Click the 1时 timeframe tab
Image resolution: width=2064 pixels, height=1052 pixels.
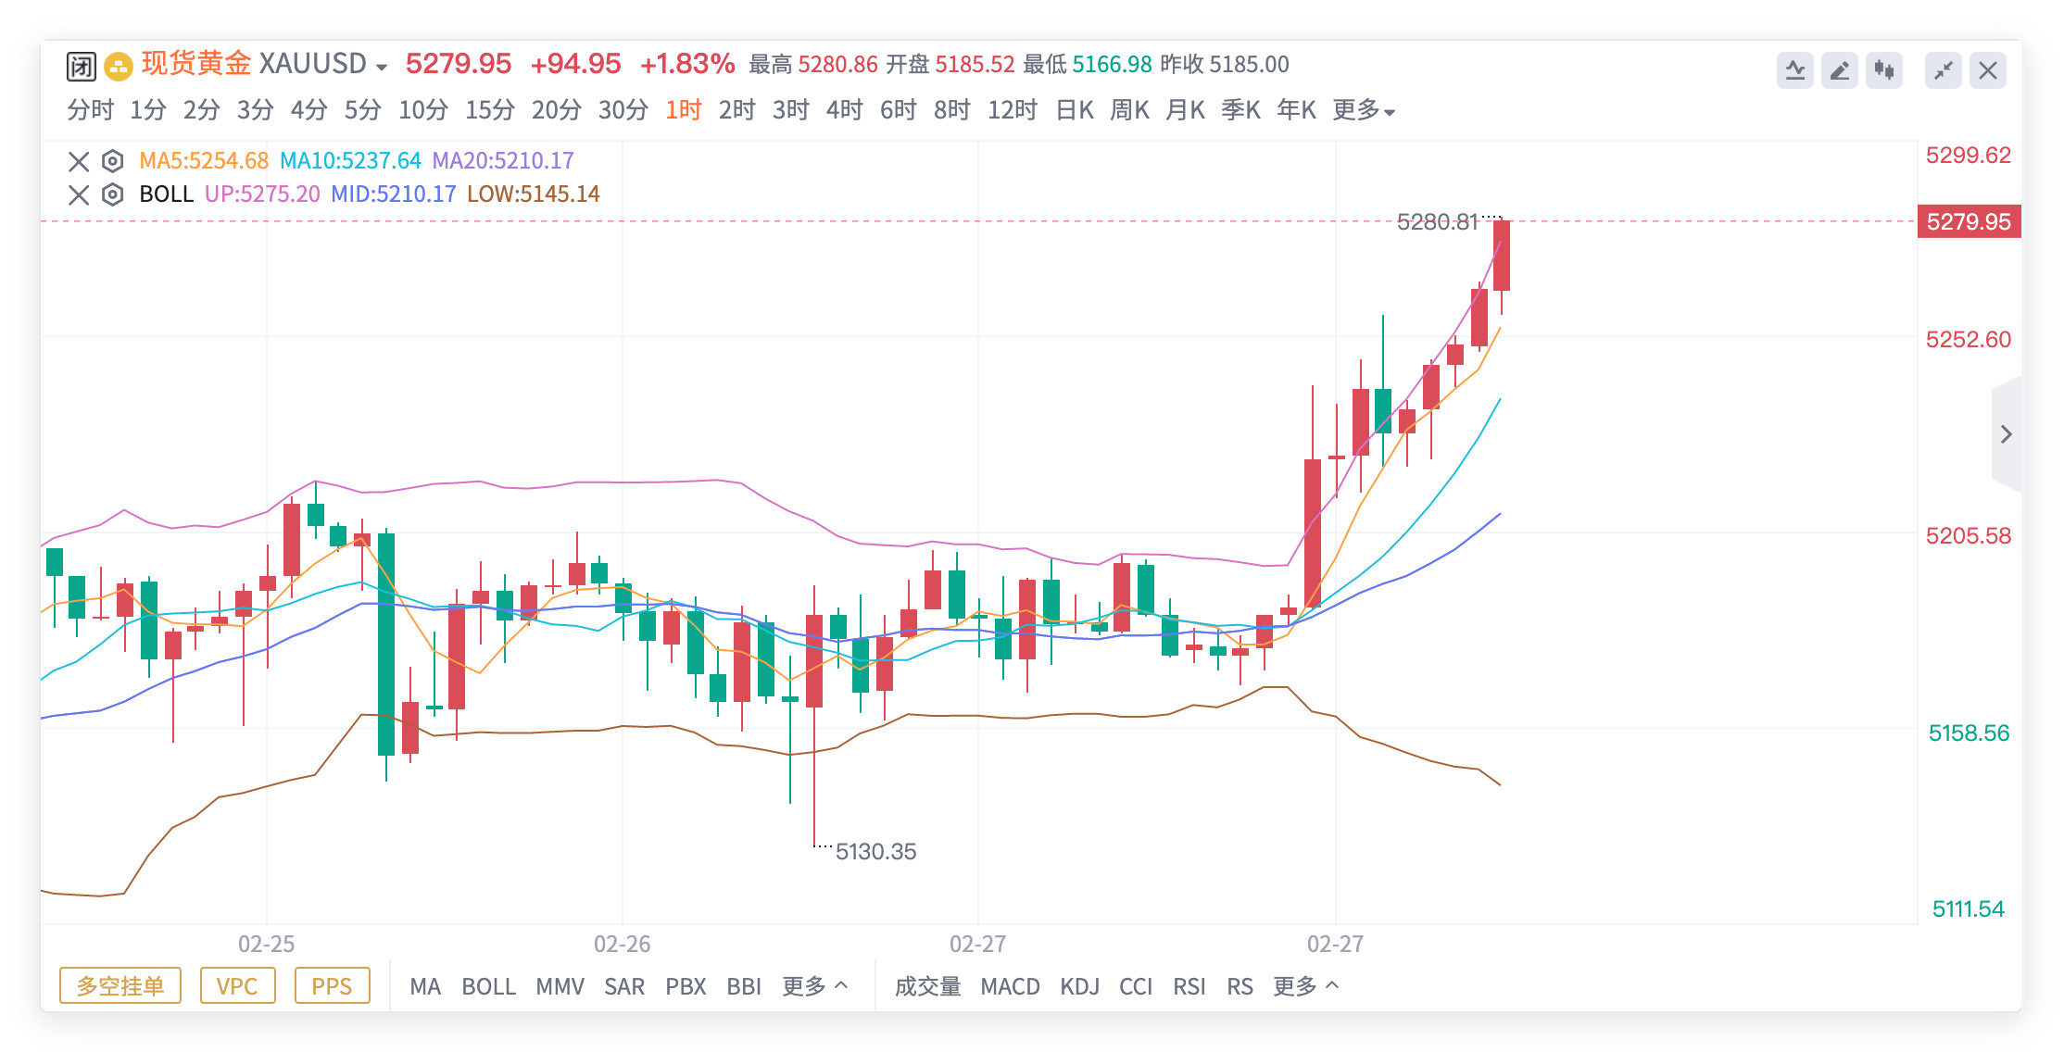(x=683, y=110)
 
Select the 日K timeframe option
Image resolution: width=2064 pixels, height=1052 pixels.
(x=1075, y=110)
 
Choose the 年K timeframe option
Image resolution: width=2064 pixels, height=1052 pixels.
(x=1296, y=110)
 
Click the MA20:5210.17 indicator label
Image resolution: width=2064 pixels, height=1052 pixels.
(x=503, y=161)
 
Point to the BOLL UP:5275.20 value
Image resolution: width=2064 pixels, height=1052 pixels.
(x=262, y=194)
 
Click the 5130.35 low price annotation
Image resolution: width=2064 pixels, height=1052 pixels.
(x=875, y=851)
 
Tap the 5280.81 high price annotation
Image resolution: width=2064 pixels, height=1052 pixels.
(x=1437, y=222)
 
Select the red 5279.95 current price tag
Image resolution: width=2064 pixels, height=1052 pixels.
(x=1969, y=222)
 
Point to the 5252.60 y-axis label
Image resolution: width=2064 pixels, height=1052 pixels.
(x=1968, y=340)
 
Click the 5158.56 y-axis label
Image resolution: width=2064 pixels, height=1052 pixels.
(x=1969, y=733)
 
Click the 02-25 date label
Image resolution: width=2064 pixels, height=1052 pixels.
(x=266, y=944)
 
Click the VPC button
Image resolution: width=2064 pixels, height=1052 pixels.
(x=237, y=986)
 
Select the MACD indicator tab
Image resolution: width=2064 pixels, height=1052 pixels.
(x=1010, y=986)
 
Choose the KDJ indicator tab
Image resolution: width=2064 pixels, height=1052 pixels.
(x=1079, y=986)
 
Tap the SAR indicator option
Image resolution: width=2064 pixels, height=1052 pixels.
(x=623, y=986)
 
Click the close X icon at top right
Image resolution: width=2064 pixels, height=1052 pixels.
(x=1987, y=70)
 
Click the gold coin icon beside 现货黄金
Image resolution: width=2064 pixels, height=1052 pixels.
(x=118, y=66)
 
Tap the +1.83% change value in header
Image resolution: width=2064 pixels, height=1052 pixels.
(x=686, y=64)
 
